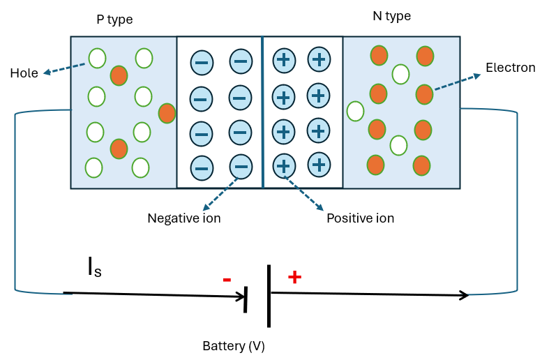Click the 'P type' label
pyautogui.click(x=114, y=20)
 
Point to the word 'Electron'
pyautogui.click(x=510, y=68)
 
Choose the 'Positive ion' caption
pyautogui.click(x=360, y=218)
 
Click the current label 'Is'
pyautogui.click(x=94, y=268)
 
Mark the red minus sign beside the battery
pyautogui.click(x=227, y=280)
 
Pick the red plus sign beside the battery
pyautogui.click(x=294, y=277)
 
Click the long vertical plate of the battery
pyautogui.click(x=269, y=295)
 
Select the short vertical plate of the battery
pyautogui.click(x=246, y=299)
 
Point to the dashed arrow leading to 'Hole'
pyautogui.click(x=64, y=68)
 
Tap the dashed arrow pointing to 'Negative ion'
pyautogui.click(x=220, y=193)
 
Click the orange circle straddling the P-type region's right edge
pyautogui.click(x=167, y=113)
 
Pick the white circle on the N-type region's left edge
pyautogui.click(x=355, y=111)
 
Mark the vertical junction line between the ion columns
pyautogui.click(x=262, y=112)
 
